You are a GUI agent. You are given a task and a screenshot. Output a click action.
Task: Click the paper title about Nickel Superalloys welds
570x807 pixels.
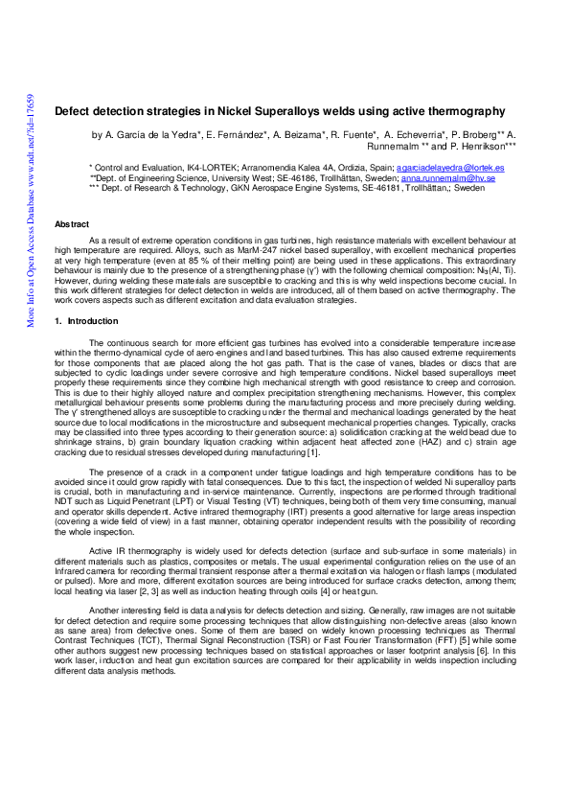tap(280, 112)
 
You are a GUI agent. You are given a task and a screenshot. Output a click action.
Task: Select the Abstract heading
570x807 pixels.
tap(72, 223)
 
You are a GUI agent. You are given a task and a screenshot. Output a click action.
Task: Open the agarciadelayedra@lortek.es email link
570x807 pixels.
tap(451, 168)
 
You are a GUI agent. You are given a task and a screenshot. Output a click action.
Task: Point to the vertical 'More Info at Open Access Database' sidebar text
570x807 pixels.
tap(32, 211)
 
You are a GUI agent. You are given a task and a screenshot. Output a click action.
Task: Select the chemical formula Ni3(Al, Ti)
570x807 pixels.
tap(490, 270)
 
